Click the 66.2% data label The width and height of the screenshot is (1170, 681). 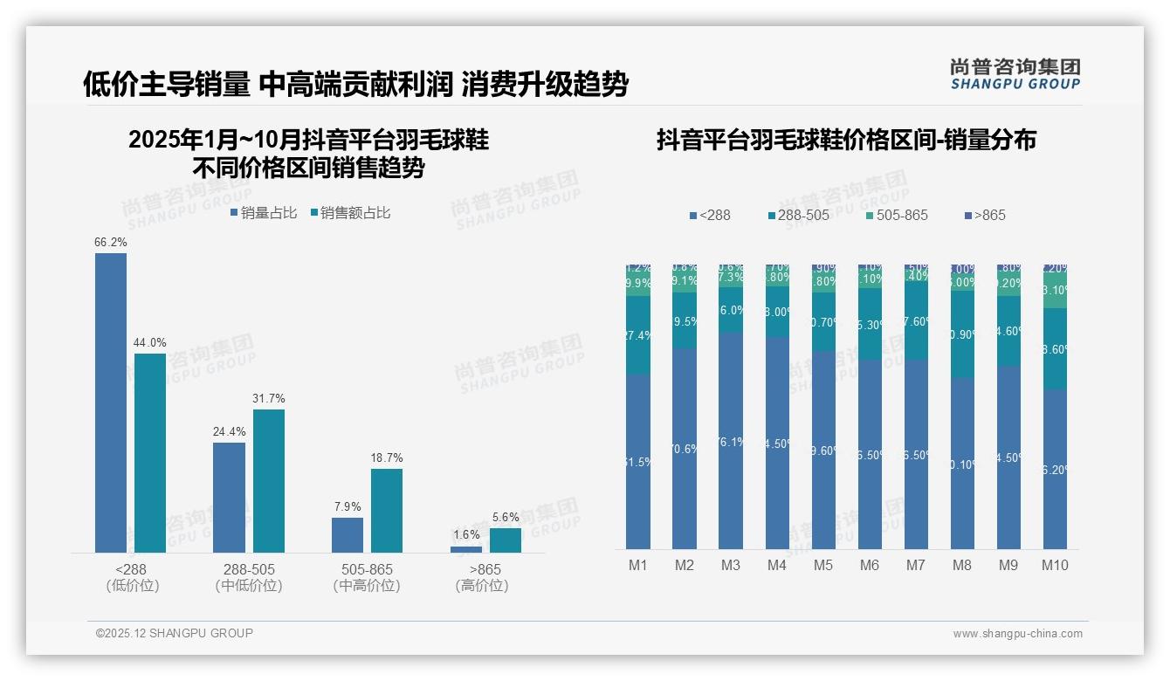[111, 242]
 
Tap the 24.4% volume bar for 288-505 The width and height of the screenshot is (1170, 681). [229, 497]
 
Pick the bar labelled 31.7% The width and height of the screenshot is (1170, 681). [269, 480]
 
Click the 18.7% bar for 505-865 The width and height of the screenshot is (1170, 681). [387, 510]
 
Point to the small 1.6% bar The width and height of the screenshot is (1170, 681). [466, 549]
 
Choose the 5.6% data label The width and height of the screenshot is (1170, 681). [506, 517]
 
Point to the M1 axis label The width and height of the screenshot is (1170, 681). [638, 565]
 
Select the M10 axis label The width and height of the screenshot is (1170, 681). [1055, 565]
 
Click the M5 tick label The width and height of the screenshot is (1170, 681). [823, 565]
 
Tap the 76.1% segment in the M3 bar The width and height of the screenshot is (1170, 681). [731, 441]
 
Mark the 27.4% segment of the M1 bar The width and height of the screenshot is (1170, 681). [638, 335]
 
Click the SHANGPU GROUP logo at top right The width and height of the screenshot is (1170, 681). [1015, 74]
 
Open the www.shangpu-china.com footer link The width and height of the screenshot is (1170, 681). [1017, 634]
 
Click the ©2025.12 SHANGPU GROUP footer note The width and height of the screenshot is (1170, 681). [175, 633]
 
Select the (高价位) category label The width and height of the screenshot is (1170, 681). [482, 586]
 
